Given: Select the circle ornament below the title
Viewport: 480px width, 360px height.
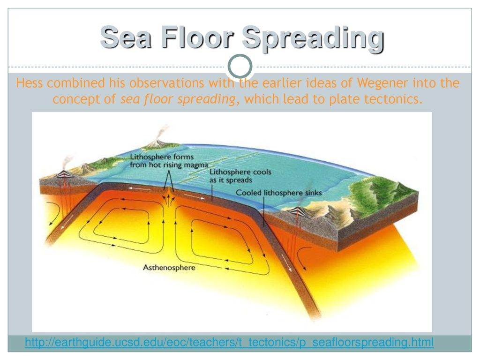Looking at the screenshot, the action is click(x=240, y=66).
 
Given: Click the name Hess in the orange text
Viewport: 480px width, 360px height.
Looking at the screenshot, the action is click(x=29, y=83).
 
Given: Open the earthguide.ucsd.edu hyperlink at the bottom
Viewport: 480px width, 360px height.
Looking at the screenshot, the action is click(x=229, y=342).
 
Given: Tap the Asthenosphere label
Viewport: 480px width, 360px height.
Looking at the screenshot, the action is click(x=169, y=268).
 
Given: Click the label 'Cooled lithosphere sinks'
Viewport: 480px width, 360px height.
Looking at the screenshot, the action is click(x=278, y=193).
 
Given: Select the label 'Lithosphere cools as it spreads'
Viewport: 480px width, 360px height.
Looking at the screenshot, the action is click(x=240, y=176).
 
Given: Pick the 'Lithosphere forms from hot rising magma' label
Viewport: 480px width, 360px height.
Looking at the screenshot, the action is click(x=169, y=161).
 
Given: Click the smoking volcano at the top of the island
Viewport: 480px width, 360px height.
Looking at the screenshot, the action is click(x=157, y=142).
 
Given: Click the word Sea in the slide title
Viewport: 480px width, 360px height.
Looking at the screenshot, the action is click(x=126, y=37).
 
